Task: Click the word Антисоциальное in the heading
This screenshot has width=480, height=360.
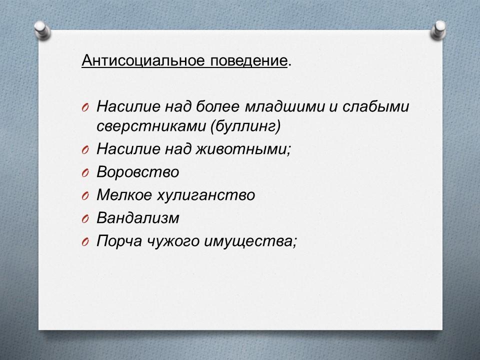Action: pyautogui.click(x=143, y=60)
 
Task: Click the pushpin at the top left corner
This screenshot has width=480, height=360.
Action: pyautogui.click(x=42, y=30)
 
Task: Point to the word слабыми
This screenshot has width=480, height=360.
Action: pyautogui.click(x=375, y=106)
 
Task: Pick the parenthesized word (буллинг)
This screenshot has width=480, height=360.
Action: pyautogui.click(x=245, y=126)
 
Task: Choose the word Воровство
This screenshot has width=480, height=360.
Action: pyautogui.click(x=138, y=171)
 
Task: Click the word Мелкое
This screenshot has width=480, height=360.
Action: pyautogui.click(x=124, y=194)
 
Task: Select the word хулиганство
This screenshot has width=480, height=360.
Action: pyautogui.click(x=206, y=195)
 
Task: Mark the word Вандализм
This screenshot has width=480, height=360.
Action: pyautogui.click(x=138, y=218)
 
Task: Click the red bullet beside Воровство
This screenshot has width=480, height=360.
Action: pyautogui.click(x=85, y=173)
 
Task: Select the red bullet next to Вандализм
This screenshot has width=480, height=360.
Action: pyautogui.click(x=85, y=219)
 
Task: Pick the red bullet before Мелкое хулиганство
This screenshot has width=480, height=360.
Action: pyautogui.click(x=85, y=196)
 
